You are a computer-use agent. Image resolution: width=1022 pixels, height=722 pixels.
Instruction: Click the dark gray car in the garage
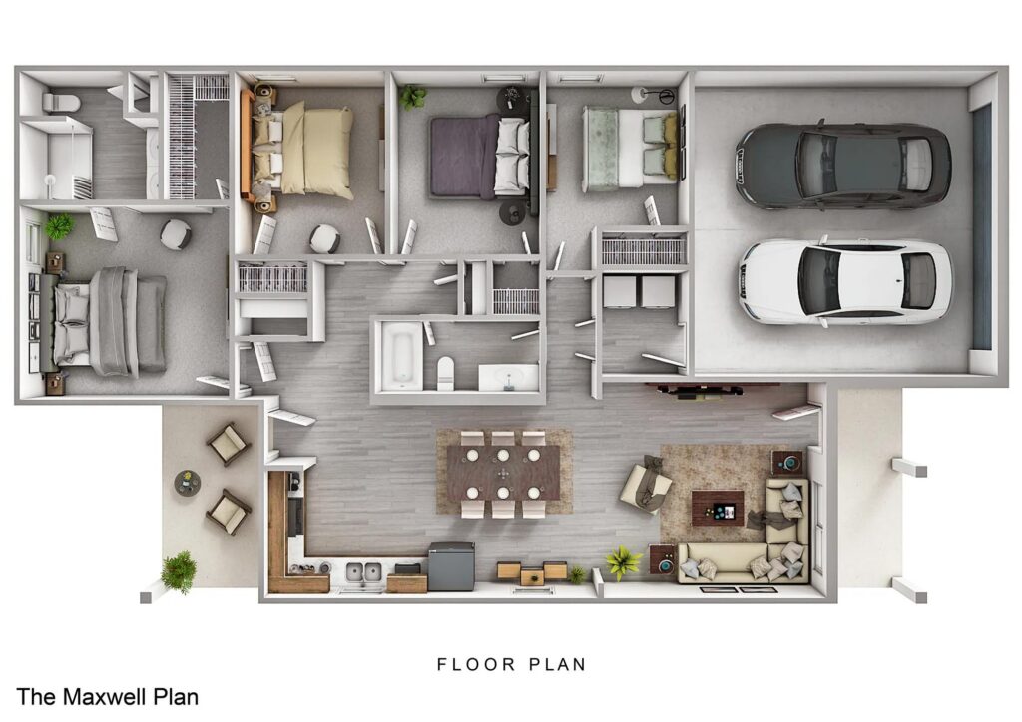(843, 166)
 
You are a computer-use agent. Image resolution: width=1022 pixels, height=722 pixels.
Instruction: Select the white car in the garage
(844, 280)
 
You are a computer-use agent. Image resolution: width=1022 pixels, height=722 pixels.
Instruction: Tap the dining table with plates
(503, 472)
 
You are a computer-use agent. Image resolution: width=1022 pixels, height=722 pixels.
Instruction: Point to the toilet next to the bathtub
(445, 373)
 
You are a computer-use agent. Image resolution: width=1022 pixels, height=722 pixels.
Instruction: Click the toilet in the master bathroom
(63, 101)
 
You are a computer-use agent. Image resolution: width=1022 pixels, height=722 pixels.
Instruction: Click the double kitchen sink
(360, 572)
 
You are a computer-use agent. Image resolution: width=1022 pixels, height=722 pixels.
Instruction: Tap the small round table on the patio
(187, 483)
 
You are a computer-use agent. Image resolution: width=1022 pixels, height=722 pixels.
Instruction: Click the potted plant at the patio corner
(179, 572)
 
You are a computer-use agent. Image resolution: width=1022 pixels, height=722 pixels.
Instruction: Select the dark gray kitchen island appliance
(451, 565)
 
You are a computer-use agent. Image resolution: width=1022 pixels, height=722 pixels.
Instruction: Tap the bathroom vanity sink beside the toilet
(508, 378)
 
